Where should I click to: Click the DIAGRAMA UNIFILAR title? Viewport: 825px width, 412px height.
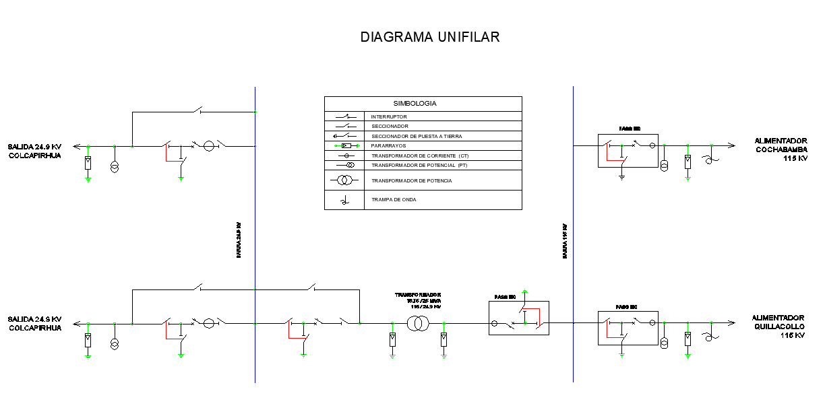click(x=430, y=37)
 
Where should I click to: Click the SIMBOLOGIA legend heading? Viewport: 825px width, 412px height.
click(x=415, y=104)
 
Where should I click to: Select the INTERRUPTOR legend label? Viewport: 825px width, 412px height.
click(x=389, y=116)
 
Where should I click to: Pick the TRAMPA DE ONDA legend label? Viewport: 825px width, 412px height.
click(x=394, y=199)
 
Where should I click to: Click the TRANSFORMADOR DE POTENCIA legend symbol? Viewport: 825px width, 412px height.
click(x=344, y=180)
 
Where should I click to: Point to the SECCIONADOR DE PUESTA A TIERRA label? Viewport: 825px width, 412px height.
click(x=417, y=136)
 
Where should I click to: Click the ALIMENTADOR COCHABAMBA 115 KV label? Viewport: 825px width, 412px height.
click(x=781, y=149)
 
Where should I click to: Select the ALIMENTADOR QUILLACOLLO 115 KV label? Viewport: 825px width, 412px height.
click(x=778, y=327)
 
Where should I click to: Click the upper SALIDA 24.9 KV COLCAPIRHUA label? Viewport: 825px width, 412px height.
click(x=34, y=150)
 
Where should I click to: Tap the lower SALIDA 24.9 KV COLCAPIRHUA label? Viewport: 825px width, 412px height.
click(x=34, y=323)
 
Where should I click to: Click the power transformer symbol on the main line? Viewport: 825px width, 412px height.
click(x=418, y=324)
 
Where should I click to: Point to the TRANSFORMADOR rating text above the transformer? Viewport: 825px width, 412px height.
click(x=418, y=300)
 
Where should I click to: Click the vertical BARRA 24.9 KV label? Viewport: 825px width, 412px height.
click(x=239, y=240)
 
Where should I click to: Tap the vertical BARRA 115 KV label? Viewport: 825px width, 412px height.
click(x=565, y=241)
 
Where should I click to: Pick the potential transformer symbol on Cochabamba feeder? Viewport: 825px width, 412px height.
click(x=665, y=166)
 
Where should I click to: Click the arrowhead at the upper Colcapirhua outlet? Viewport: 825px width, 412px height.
click(x=76, y=145)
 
